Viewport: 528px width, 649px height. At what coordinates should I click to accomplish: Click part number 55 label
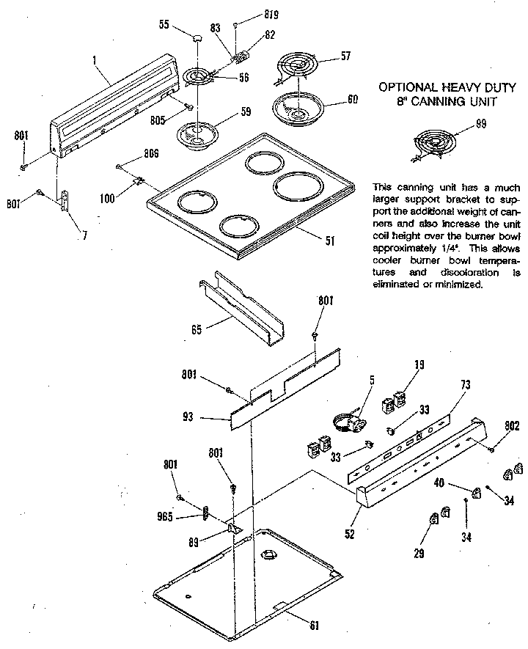164,25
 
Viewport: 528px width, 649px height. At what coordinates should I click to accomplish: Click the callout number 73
465,385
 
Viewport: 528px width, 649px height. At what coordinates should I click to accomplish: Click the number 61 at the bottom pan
315,625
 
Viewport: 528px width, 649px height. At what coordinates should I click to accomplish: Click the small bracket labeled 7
66,201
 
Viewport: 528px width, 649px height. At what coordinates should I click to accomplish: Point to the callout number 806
151,153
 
